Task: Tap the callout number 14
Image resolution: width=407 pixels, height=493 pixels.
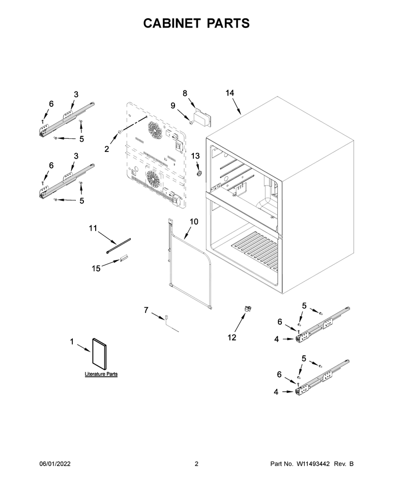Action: (x=230, y=93)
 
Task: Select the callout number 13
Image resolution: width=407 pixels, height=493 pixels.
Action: (x=195, y=156)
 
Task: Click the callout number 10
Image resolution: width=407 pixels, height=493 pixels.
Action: (x=194, y=222)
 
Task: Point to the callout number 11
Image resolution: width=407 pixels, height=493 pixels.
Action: (x=93, y=228)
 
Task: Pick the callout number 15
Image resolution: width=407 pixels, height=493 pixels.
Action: (x=96, y=268)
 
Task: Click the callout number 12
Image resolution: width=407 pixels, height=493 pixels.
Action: (x=231, y=337)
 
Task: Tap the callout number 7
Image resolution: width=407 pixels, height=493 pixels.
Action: (x=146, y=311)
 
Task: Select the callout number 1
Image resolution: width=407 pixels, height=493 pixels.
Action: (x=72, y=342)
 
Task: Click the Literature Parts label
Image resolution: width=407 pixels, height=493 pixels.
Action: (x=101, y=374)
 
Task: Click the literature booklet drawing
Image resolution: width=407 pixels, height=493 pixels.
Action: (x=99, y=354)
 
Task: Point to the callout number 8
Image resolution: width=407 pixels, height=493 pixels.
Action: (x=185, y=94)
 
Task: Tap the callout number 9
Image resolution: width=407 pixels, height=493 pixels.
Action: (x=173, y=106)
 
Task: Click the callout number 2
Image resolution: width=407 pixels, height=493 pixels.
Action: (x=107, y=149)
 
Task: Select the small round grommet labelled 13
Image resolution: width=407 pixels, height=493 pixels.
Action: (x=198, y=173)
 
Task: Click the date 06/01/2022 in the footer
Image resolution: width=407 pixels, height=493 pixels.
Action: (x=55, y=464)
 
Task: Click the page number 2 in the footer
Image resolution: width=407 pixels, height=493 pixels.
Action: (x=196, y=464)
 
